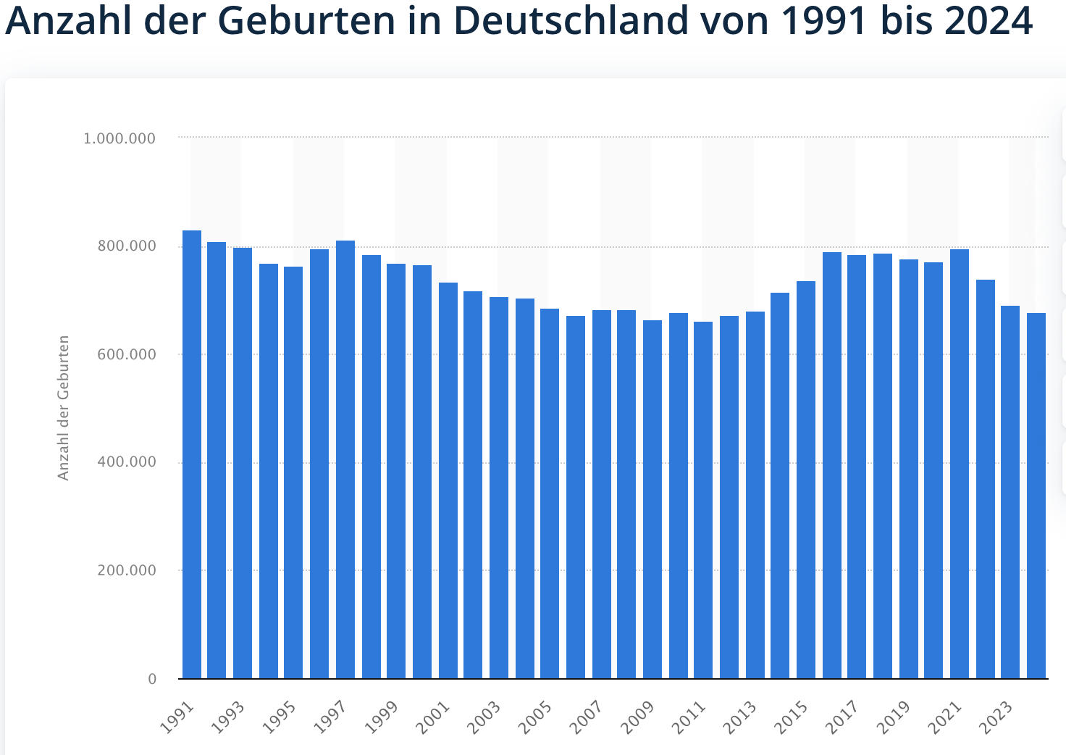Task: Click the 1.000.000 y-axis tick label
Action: pos(119,138)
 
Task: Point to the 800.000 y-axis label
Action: pos(127,246)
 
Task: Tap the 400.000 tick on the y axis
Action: pos(127,462)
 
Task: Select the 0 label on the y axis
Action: pos(152,679)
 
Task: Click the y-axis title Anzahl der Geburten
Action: pos(64,407)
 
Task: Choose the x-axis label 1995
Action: pos(280,718)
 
